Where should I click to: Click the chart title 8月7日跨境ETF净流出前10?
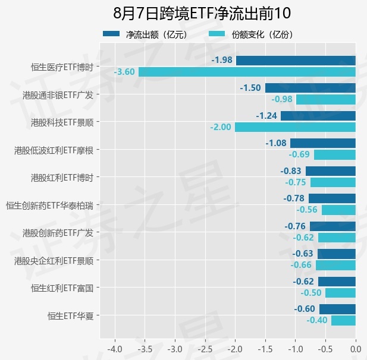click(202, 13)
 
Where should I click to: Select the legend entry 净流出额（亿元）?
click(145, 34)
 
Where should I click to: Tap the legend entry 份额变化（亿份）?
click(250, 34)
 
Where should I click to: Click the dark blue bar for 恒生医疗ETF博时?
click(296, 61)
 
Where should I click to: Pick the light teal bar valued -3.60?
click(247, 72)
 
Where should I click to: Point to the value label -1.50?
click(250, 88)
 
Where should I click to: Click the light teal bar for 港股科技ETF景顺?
click(295, 127)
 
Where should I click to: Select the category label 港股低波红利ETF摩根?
click(54, 150)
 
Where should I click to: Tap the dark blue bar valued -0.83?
click(331, 171)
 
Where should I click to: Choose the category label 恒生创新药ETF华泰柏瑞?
click(49, 206)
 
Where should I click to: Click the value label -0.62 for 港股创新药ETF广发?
click(303, 238)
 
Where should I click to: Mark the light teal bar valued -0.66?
click(335, 266)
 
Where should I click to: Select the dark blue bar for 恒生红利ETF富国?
click(337, 282)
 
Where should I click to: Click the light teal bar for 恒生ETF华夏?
click(343, 320)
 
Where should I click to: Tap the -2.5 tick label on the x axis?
click(205, 349)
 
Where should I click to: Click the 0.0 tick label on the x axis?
click(356, 349)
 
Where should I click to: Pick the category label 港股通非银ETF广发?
click(58, 95)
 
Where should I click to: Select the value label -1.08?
click(276, 143)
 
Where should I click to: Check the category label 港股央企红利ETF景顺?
click(54, 261)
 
